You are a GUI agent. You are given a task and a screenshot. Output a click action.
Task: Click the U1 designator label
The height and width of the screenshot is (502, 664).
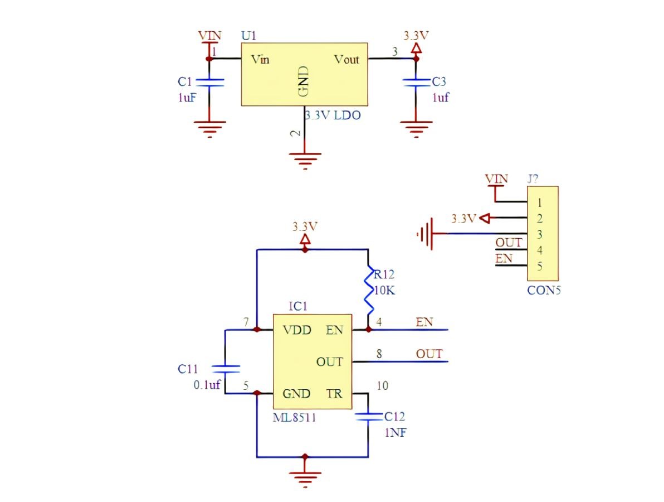(248, 36)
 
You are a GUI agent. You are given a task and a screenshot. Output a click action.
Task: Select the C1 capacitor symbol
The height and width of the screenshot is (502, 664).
(209, 82)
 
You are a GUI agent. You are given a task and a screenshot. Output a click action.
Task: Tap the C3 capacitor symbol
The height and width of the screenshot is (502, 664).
(416, 82)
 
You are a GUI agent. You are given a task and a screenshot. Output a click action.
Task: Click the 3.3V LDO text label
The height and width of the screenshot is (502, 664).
(333, 115)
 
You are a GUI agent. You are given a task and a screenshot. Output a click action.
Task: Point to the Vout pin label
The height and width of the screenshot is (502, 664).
(346, 59)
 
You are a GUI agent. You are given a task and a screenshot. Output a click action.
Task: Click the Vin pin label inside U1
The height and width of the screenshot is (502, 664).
(260, 59)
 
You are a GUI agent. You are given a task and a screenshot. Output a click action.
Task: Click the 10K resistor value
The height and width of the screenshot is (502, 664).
(384, 291)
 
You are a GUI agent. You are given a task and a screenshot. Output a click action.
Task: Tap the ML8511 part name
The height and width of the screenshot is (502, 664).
(294, 418)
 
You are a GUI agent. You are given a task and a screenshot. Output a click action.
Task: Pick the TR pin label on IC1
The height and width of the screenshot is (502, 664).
(334, 394)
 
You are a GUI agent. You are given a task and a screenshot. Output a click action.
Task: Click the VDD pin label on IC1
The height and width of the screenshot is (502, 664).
(297, 330)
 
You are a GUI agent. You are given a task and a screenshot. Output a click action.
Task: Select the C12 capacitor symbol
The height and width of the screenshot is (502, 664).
(368, 417)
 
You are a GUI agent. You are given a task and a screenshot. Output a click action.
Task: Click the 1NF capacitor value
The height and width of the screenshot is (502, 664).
(396, 433)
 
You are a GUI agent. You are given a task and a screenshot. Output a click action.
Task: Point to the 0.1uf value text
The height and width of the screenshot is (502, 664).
(207, 384)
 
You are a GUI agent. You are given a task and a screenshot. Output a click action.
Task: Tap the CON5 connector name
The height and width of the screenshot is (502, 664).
(544, 291)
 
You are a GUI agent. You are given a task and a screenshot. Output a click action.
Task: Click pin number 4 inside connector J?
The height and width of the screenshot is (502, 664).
(539, 250)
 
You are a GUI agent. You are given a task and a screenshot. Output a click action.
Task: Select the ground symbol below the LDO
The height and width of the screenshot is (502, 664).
(305, 161)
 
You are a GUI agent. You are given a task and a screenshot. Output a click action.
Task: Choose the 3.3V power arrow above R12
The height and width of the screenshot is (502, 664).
(305, 240)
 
